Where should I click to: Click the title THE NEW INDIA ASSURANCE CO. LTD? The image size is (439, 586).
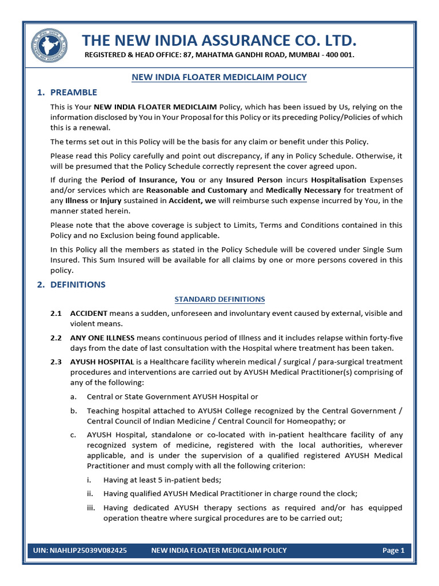pos(219,41)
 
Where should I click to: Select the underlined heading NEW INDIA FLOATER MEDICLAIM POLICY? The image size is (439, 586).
pos(219,77)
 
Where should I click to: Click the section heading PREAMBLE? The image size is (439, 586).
pos(74,92)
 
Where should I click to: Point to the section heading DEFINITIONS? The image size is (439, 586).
pos(78,284)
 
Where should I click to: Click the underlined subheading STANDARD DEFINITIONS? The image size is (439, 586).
pos(219,299)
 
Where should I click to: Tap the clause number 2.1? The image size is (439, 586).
pos(56,314)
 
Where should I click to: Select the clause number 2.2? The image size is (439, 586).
pos(56,338)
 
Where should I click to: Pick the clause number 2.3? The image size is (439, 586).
pos(56,362)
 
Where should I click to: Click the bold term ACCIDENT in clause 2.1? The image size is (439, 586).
pos(89,314)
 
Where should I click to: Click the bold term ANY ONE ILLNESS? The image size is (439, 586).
pos(102,338)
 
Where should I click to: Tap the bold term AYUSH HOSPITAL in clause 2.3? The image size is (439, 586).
pos(102,362)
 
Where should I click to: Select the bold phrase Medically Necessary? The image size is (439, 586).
pos(303,190)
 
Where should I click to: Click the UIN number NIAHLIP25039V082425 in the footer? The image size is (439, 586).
pos(80,551)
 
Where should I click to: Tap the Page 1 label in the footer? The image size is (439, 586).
pos(393,551)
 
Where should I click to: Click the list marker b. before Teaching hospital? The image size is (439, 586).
pos(73,411)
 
